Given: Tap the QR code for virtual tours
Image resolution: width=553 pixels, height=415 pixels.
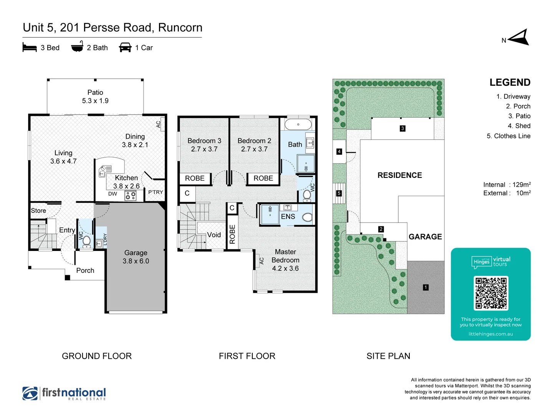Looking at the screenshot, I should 491,293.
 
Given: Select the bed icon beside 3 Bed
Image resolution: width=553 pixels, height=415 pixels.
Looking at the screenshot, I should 30,47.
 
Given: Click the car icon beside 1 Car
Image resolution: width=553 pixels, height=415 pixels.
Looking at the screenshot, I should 125,47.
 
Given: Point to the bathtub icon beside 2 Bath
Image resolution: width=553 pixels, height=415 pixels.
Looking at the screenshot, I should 77,46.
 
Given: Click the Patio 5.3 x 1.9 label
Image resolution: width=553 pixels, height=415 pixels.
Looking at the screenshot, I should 95,96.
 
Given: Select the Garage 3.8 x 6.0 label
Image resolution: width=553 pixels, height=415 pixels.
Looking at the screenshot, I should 136,257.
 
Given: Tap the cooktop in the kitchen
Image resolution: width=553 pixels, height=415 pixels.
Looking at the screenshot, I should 131,196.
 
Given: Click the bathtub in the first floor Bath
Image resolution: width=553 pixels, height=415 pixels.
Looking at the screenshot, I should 298,124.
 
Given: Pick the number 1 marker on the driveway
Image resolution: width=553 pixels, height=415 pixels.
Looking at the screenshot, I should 426,287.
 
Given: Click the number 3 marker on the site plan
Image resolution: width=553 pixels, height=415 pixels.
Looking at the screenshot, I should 402,128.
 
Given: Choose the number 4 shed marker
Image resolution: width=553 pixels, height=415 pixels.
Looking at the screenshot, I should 339,152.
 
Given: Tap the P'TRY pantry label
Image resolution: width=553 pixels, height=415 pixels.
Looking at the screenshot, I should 156,192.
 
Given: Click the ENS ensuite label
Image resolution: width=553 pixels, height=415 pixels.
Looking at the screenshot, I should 288,217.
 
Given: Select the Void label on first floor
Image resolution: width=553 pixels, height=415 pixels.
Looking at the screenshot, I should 214,235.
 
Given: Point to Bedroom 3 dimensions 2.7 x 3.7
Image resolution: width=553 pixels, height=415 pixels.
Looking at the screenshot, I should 204,149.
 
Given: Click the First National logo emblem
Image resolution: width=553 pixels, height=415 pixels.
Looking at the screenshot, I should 30,393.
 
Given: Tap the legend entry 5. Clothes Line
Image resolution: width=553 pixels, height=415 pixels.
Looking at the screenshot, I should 508,136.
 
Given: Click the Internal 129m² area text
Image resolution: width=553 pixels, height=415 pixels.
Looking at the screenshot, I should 507,184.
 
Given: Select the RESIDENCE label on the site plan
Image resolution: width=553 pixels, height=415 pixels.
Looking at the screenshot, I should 399,175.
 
